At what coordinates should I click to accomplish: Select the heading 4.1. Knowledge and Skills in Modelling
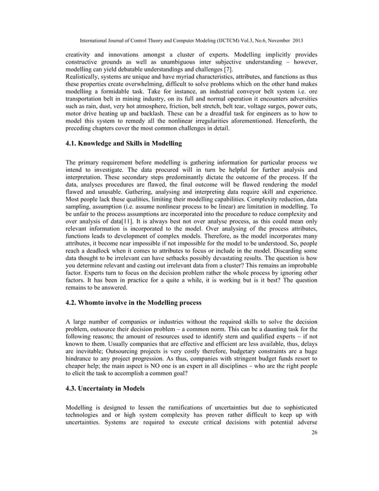[124, 143]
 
